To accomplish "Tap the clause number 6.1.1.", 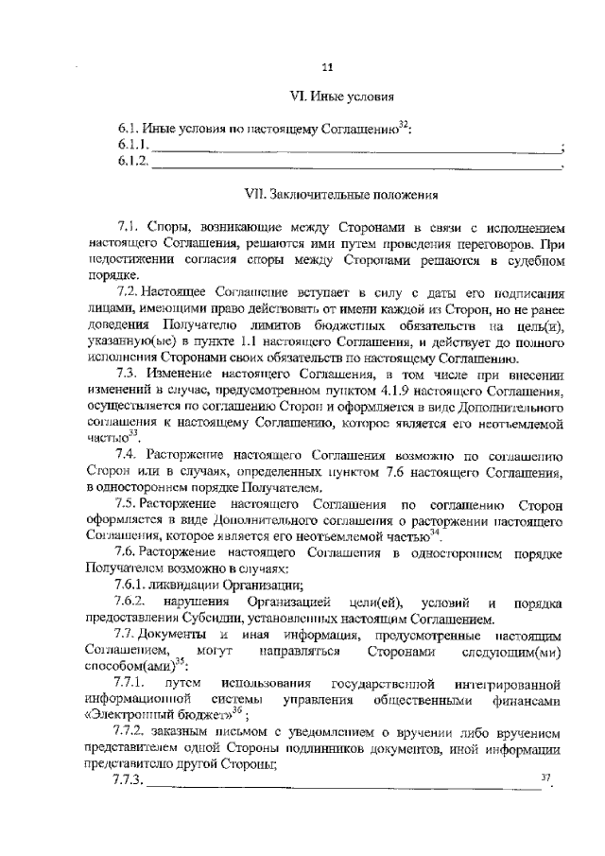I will (133, 145).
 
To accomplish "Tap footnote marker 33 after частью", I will (133, 430).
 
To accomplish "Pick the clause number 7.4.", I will (128, 451).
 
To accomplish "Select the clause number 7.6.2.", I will (130, 603).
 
